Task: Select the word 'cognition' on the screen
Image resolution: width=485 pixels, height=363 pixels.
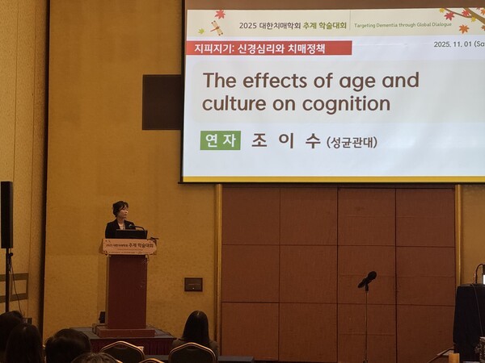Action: tap(345, 104)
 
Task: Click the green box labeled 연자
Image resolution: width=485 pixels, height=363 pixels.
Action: tap(220, 140)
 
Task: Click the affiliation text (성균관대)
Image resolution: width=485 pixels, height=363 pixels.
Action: tap(352, 142)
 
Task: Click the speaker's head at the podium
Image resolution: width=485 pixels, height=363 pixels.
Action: tap(120, 210)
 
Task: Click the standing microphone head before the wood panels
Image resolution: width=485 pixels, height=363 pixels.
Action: tap(368, 279)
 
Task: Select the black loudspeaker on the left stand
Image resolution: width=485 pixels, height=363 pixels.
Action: tap(6, 215)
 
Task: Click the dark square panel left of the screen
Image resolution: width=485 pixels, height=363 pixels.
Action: tap(162, 102)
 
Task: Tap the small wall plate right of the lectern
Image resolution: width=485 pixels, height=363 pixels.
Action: tap(193, 284)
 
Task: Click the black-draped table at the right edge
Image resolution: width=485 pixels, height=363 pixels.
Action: tap(469, 319)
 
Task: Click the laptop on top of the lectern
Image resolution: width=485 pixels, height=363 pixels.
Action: tap(130, 233)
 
